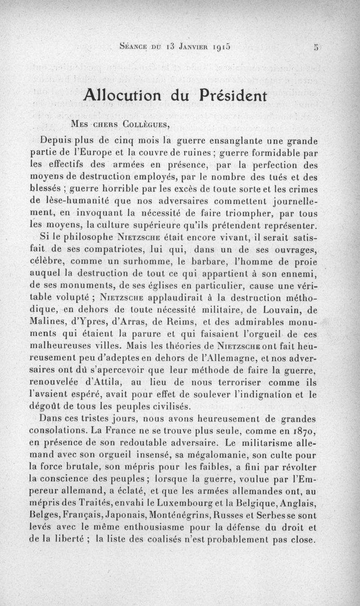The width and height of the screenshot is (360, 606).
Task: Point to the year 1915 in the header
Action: [220, 46]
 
